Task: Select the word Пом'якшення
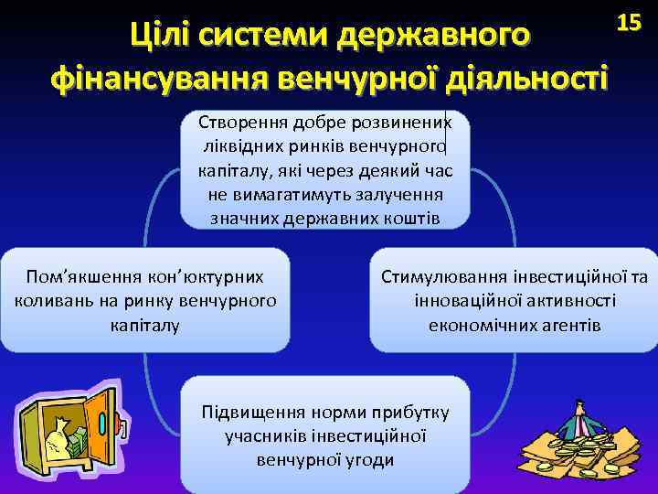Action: click(81, 275)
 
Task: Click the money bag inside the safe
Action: click(57, 439)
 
